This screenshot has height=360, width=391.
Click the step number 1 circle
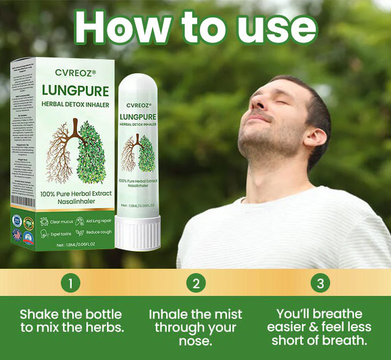point(71,283)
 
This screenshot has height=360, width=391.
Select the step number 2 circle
point(195,283)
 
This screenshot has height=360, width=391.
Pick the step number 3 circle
point(320,283)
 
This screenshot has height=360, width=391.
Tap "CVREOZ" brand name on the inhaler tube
point(138,105)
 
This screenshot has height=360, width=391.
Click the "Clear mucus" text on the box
point(61,222)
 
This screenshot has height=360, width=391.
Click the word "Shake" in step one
point(39,314)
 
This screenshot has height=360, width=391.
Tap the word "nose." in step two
point(195,341)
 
